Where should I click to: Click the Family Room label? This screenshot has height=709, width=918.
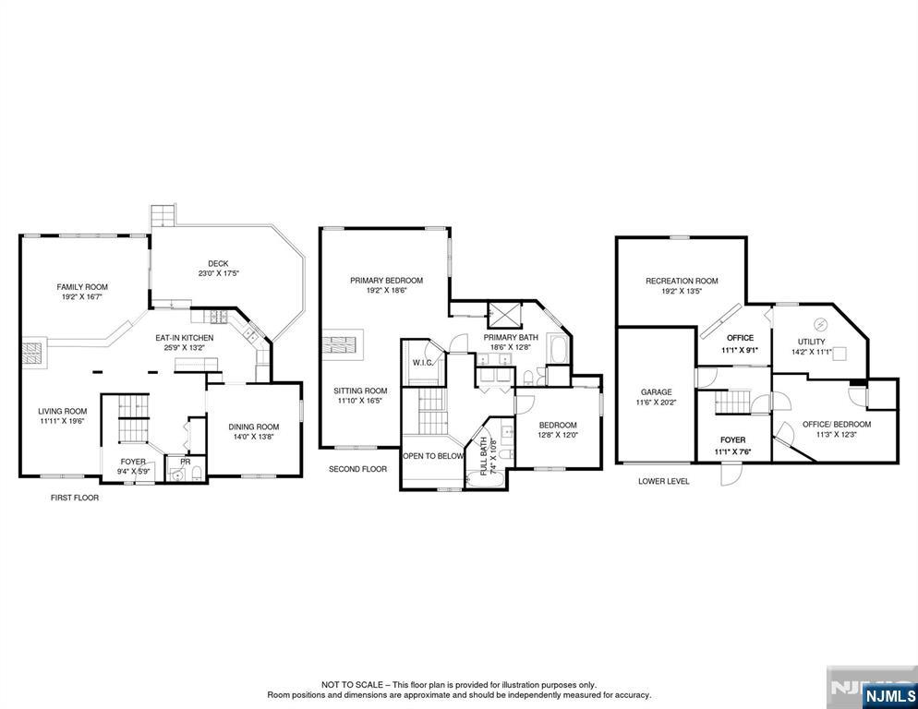point(82,287)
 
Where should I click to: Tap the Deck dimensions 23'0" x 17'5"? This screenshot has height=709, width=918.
point(218,273)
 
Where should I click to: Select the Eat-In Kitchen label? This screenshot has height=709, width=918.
point(185,338)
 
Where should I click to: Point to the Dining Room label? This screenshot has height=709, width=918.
point(253,427)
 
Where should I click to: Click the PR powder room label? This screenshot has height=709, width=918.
point(185,462)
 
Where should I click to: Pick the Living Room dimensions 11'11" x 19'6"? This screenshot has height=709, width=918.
point(63,421)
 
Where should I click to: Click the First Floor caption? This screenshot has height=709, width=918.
point(75,498)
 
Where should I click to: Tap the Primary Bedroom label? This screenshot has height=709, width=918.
point(386,281)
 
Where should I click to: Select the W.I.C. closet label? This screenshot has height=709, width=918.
point(423,363)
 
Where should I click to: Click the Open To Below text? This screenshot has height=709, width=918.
point(433,456)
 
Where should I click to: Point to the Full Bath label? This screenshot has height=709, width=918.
point(484,456)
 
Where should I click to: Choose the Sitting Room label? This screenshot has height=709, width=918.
point(360,391)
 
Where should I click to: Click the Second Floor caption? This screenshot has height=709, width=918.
point(357,469)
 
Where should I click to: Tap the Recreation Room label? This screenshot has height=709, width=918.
point(682,281)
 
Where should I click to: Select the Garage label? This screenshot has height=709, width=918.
point(656,392)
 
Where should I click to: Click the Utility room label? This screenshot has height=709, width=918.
point(812,342)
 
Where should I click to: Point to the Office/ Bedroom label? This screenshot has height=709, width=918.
point(837,425)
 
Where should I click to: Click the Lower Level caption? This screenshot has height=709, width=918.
point(663,481)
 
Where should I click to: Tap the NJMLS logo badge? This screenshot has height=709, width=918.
point(889,696)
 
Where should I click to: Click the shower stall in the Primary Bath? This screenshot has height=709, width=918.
point(504,315)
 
